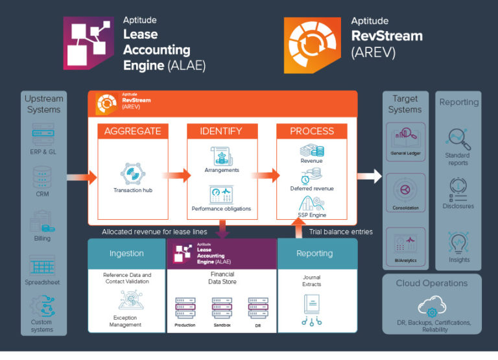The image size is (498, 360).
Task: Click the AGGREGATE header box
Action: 133,131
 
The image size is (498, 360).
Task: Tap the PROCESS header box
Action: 312,131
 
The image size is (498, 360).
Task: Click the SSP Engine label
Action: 313,215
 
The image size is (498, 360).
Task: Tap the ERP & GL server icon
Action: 43,137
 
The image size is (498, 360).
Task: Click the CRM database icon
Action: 43,177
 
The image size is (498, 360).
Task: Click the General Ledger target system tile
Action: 405,140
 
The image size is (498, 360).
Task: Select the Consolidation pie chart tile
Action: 405,192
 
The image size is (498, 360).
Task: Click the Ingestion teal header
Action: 126,253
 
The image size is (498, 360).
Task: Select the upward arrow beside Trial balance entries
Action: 300,228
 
